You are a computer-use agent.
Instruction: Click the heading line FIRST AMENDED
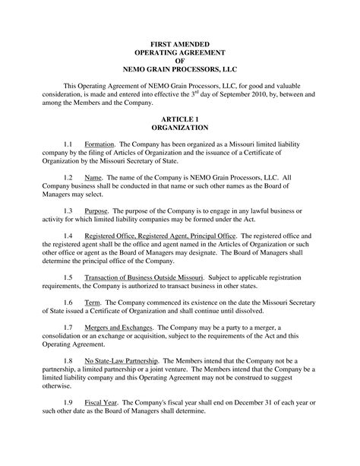[x=180, y=46]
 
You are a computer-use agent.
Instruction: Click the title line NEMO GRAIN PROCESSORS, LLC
[x=180, y=70]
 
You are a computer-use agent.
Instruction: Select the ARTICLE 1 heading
[x=180, y=121]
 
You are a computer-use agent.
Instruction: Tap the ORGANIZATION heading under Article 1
[x=180, y=128]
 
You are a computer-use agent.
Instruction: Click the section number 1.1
[x=68, y=144]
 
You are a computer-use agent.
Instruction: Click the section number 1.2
[x=68, y=177]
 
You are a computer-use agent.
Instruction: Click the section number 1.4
[x=68, y=236]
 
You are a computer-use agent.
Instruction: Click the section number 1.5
[x=68, y=277]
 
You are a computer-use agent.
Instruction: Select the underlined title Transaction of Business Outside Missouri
[x=139, y=277]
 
